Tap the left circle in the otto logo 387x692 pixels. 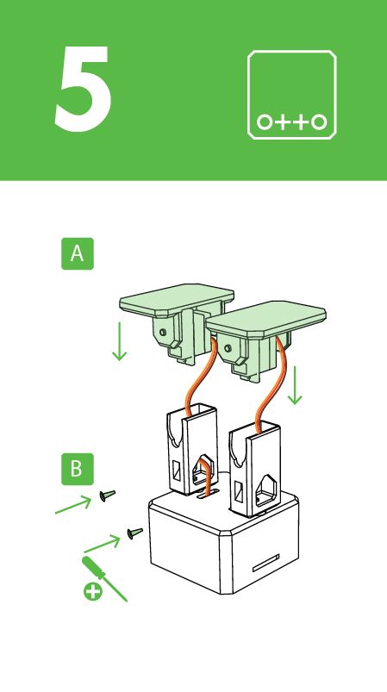click(x=265, y=122)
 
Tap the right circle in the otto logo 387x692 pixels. click(x=319, y=122)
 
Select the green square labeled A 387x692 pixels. click(x=78, y=254)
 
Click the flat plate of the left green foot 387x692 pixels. click(x=172, y=302)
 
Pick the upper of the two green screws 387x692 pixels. click(x=107, y=495)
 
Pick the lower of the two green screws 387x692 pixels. click(x=134, y=533)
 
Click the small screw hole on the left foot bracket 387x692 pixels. click(x=161, y=332)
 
